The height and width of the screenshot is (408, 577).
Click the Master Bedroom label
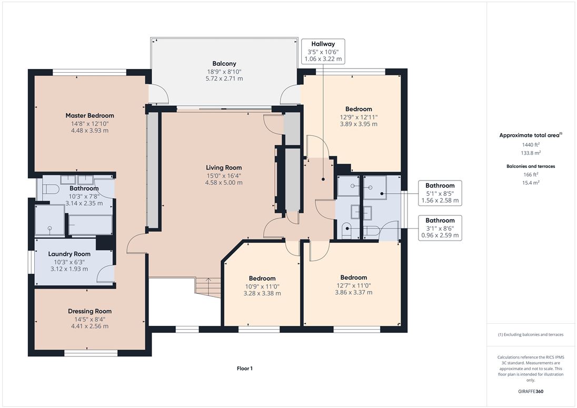pos(90,115)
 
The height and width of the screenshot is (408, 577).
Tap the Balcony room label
pos(224,64)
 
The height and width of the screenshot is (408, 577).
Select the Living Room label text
pos(224,168)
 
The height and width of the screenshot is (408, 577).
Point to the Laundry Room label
pos(69,254)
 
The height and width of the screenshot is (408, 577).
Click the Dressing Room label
pos(90,311)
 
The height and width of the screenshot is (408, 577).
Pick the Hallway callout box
pos(323,51)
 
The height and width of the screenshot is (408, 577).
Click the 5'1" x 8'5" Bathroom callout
pos(440,193)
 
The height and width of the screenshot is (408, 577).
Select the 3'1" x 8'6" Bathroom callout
pos(440,228)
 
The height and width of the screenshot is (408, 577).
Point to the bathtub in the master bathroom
pos(90,225)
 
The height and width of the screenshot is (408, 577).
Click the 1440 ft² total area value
pos(531,145)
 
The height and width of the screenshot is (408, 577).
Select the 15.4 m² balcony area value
pos(531,183)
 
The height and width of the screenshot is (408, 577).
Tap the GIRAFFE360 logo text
pos(531,392)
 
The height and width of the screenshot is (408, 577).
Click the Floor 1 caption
pos(245,369)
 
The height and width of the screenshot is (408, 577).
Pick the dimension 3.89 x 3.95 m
pos(359,124)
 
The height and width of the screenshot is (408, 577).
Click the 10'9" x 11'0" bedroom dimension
pos(262,286)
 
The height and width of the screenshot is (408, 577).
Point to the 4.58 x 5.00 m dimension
pos(224,183)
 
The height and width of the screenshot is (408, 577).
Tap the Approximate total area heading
pos(531,135)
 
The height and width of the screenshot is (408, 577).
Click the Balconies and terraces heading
pos(531,166)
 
